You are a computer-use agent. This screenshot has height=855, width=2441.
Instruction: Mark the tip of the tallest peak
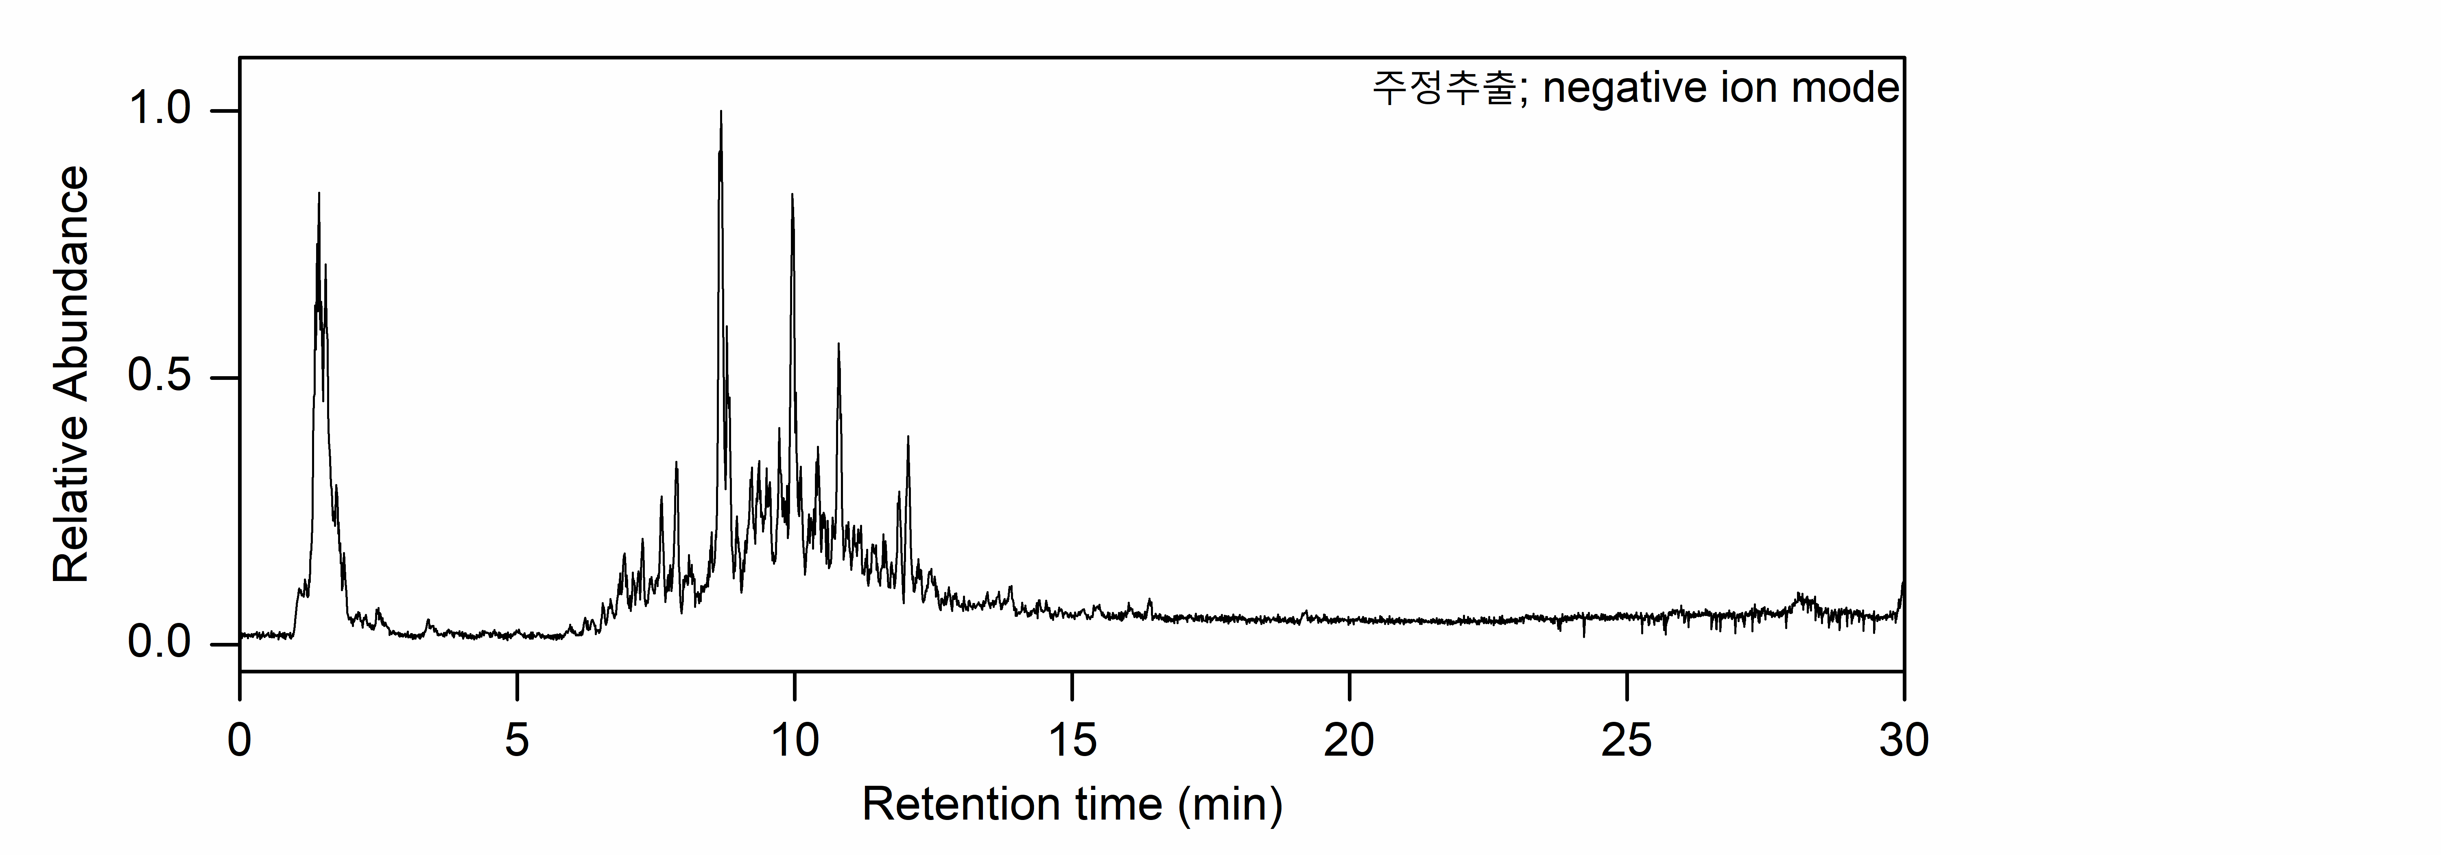721,112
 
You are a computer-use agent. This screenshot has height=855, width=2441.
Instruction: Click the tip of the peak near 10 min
792,194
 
